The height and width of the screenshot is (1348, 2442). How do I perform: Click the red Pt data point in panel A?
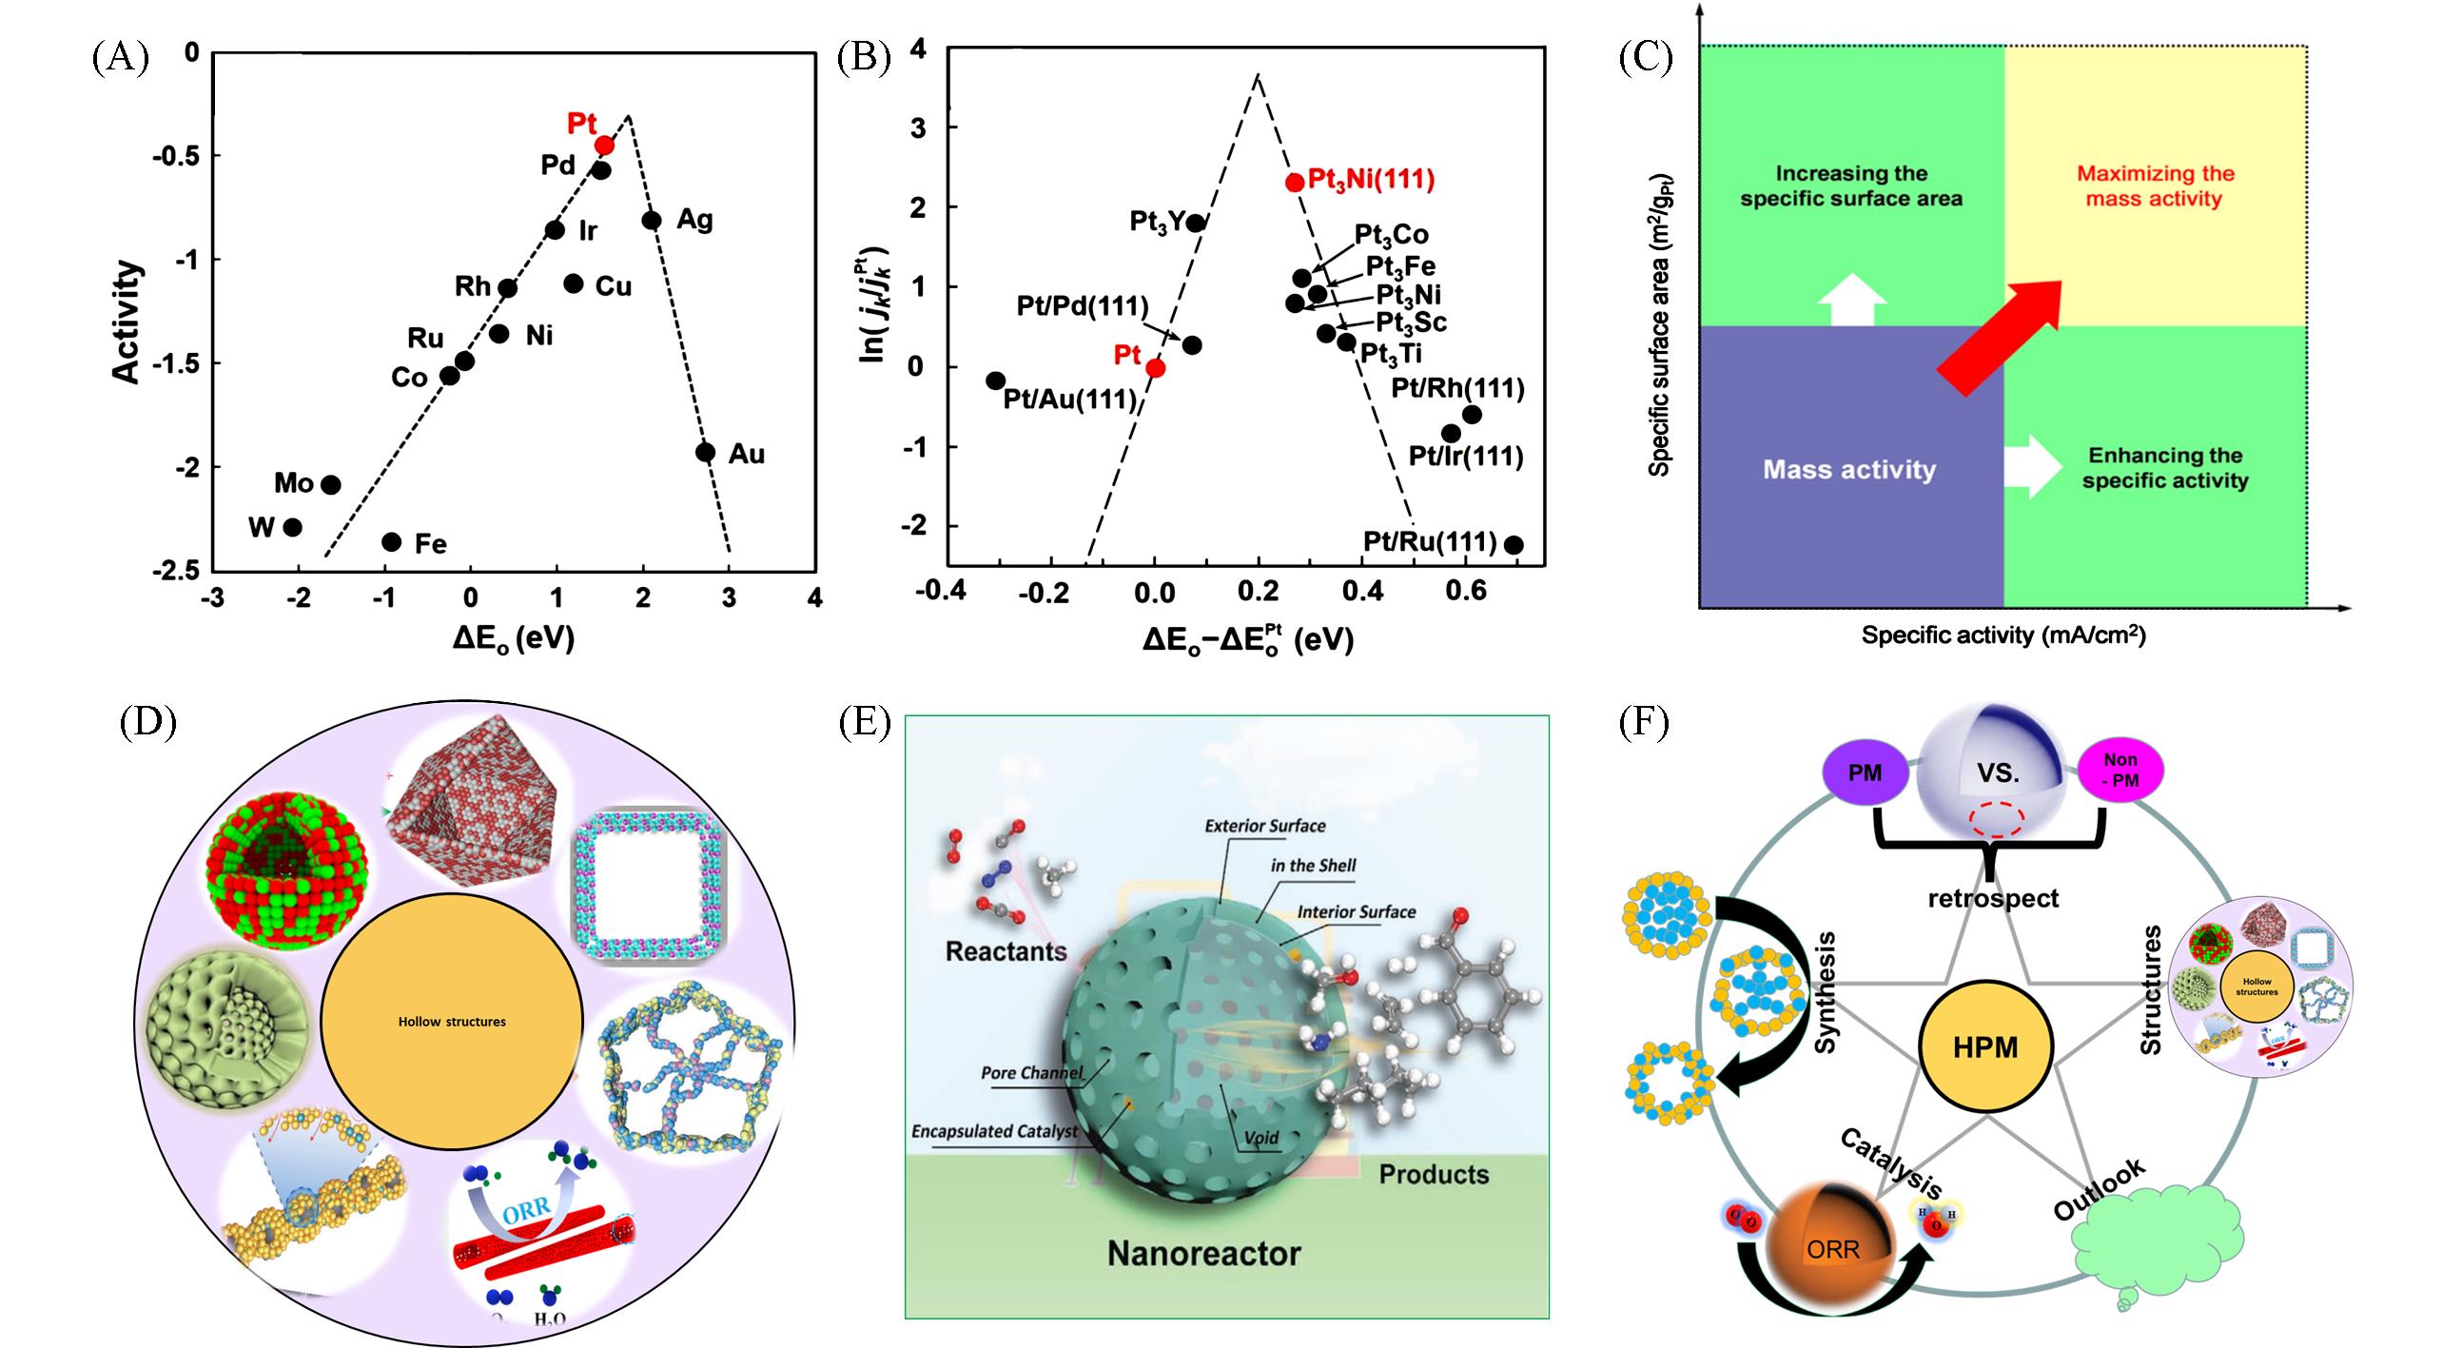[x=605, y=145]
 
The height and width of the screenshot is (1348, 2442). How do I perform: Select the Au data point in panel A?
[x=705, y=452]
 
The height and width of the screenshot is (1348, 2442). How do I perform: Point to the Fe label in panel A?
[x=430, y=544]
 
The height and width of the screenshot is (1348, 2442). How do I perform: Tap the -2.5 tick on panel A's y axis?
[x=175, y=570]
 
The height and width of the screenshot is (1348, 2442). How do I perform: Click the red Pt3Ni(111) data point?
[x=1294, y=182]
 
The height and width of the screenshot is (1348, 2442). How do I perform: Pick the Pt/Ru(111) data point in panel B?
[x=1514, y=545]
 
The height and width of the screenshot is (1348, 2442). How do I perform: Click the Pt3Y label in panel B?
[x=1157, y=223]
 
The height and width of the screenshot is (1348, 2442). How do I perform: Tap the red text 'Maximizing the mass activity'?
[x=2154, y=186]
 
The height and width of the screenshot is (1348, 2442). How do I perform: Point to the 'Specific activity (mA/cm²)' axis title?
[x=2002, y=635]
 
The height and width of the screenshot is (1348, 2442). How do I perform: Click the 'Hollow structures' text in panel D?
[x=452, y=1022]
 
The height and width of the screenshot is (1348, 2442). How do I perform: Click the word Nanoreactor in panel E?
[x=1203, y=1253]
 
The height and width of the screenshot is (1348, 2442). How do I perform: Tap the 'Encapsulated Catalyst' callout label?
[x=994, y=1131]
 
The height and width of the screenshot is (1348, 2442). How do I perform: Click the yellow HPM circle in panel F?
[x=1985, y=1047]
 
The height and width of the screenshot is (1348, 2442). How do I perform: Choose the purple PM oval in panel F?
[x=1865, y=773]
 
